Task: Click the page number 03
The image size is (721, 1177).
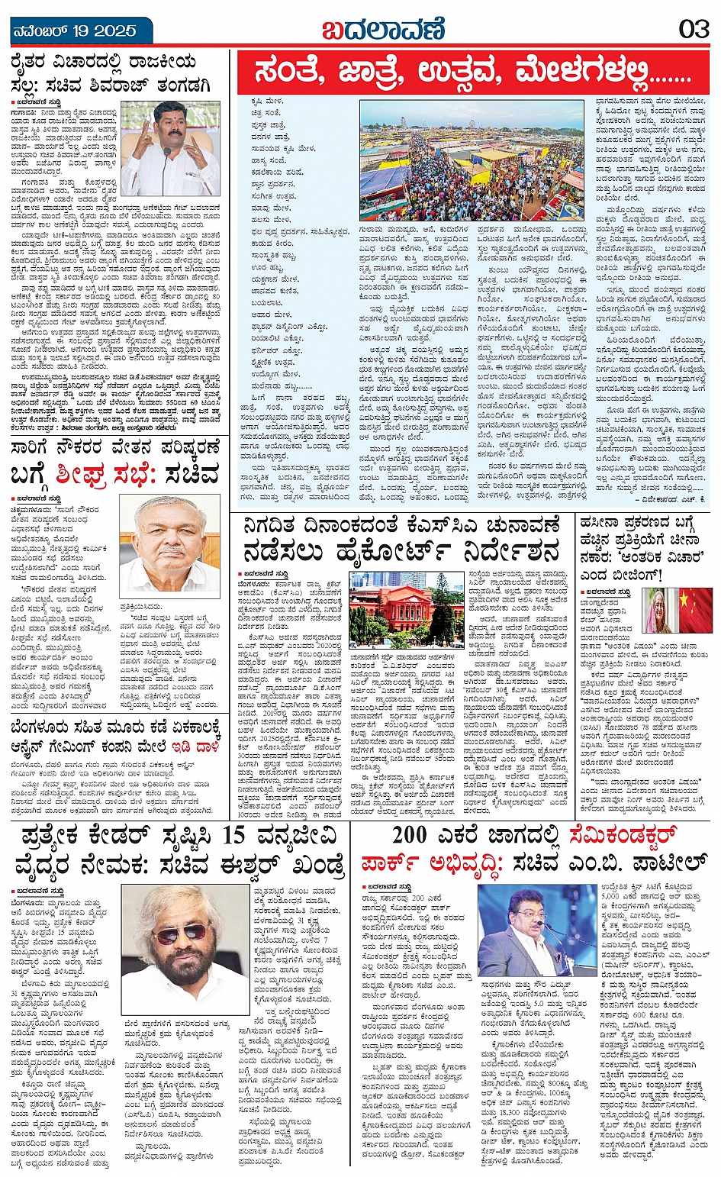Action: pos(694,30)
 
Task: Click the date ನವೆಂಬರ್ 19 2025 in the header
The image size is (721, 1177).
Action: pos(75,31)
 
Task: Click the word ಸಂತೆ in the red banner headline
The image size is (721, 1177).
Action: pos(294,73)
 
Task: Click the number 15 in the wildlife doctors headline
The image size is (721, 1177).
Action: pos(243,837)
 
